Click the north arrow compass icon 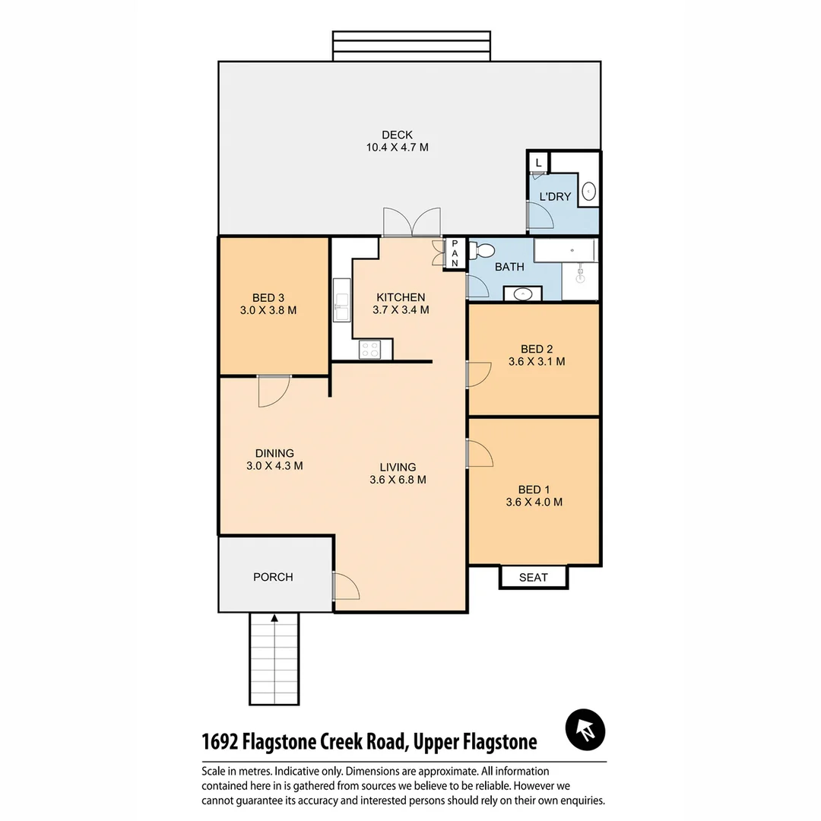[585, 731]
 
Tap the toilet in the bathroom [482, 251]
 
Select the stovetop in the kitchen [370, 350]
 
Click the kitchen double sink [341, 300]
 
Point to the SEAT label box [534, 577]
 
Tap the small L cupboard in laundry [538, 163]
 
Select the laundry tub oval [589, 192]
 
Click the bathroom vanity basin [523, 293]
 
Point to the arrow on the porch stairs [274, 620]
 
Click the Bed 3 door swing [274, 391]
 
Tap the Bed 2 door [479, 374]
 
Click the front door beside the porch [346, 586]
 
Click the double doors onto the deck [411, 222]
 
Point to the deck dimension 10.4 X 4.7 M [397, 147]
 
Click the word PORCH [273, 577]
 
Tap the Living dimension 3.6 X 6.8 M [398, 480]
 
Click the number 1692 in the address [225, 741]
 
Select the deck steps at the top [411, 46]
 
